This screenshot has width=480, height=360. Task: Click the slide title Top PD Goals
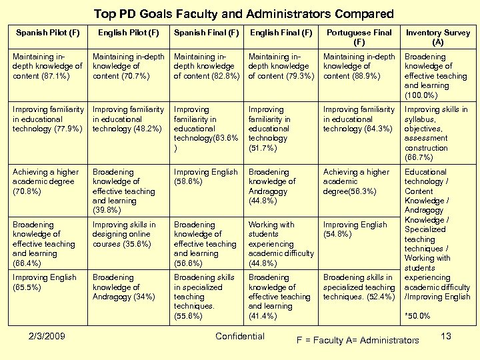[243, 13]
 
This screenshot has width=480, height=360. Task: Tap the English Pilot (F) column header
[129, 32]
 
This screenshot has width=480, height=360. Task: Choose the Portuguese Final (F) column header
[359, 37]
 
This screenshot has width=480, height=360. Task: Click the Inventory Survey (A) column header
[437, 37]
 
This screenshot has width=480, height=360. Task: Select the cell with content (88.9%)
[359, 66]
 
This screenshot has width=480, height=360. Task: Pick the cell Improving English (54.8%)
[355, 229]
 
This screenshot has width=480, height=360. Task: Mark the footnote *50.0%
[417, 316]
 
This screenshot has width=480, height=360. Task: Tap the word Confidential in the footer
[240, 336]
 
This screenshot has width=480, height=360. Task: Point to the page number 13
[446, 336]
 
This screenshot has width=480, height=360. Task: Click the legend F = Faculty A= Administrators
[357, 341]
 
